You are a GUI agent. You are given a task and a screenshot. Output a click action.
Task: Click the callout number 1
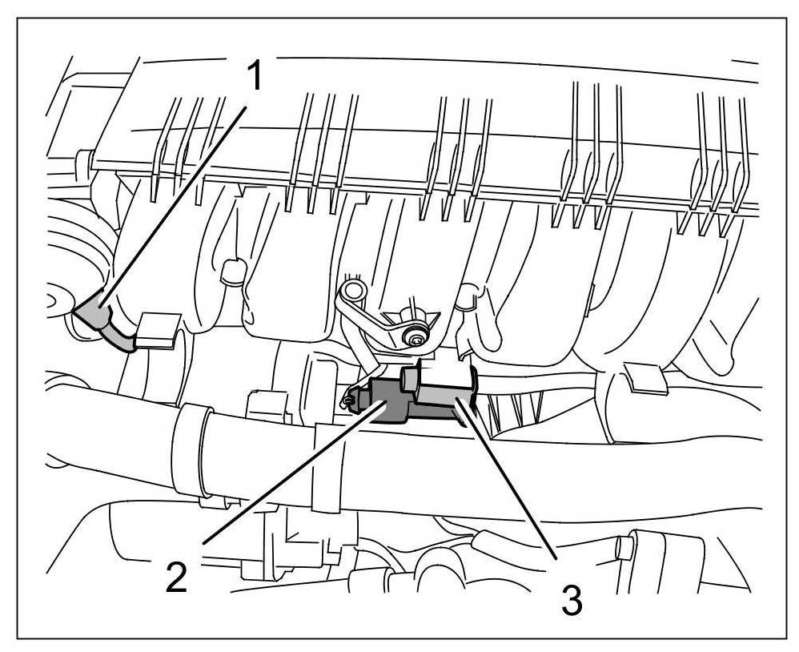(254, 78)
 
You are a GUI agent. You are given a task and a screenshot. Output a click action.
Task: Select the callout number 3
(571, 599)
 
